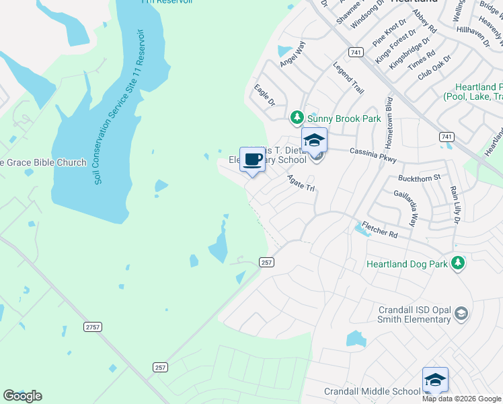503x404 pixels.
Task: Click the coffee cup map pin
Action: [x=252, y=160]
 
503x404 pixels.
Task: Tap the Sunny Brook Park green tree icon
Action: [x=297, y=119]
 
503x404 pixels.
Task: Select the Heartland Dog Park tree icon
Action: [x=458, y=263]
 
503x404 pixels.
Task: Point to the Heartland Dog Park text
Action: [x=407, y=265]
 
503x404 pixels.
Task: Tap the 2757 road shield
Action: [x=93, y=327]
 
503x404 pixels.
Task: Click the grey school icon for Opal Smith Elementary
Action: [x=461, y=313]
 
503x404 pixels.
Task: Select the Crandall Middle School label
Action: [x=372, y=391]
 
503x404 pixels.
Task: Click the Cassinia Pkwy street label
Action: [x=373, y=155]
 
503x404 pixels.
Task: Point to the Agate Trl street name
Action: [x=301, y=182]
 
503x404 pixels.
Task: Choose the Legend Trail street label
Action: [x=349, y=78]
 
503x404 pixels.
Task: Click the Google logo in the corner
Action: [x=22, y=396]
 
